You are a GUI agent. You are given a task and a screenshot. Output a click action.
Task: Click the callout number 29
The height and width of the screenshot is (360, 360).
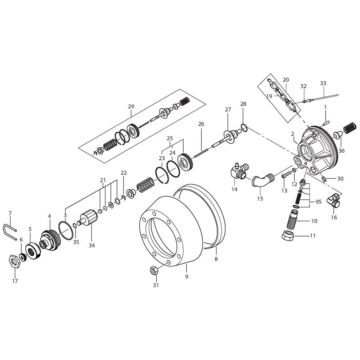[131, 107]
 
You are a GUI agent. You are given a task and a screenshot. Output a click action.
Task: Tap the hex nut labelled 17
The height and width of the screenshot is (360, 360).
[15, 261]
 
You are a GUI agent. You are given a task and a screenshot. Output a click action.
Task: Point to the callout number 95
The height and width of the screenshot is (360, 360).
[319, 202]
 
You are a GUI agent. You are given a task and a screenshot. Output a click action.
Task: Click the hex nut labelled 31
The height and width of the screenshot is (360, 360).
[154, 270]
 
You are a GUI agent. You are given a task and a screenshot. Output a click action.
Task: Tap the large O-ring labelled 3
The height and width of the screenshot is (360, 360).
[66, 230]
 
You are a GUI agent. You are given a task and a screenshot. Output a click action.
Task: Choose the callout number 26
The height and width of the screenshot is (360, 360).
[201, 124]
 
